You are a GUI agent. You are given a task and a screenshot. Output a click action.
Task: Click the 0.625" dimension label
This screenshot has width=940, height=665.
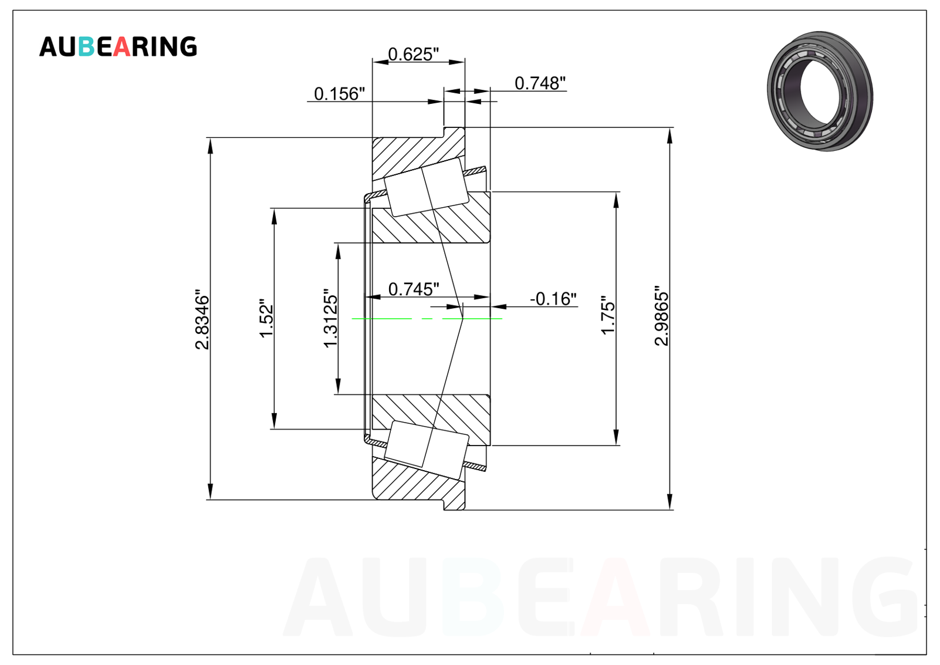click(x=413, y=54)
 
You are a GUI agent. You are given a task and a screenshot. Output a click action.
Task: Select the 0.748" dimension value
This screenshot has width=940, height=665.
click(x=540, y=83)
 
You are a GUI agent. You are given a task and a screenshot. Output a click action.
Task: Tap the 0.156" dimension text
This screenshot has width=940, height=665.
click(x=340, y=94)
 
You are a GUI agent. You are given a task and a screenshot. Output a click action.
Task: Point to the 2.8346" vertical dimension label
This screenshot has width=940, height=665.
click(x=202, y=319)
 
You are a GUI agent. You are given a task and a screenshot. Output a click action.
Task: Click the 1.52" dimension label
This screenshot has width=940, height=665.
click(x=266, y=319)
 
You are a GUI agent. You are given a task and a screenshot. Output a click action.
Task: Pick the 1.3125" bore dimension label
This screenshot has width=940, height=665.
click(x=331, y=318)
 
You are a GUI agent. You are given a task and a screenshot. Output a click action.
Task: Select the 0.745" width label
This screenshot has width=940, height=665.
click(x=414, y=289)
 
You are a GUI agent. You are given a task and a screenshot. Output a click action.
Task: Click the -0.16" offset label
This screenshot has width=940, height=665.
click(x=553, y=299)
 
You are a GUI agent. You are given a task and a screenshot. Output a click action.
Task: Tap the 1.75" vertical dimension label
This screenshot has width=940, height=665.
click(x=608, y=315)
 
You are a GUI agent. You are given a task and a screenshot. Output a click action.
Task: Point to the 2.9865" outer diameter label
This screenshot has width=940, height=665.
click(x=662, y=316)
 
